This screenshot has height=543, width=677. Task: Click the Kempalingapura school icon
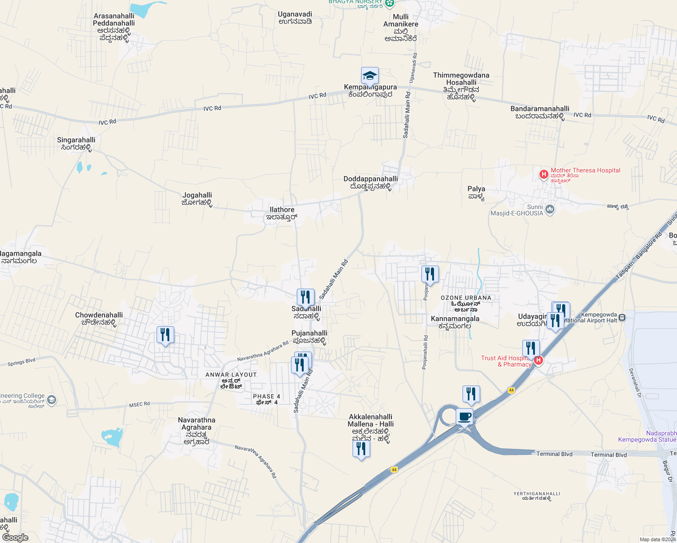coord(370,76)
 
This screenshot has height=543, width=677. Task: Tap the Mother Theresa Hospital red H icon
coord(544,174)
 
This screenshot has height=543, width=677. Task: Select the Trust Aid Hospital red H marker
coord(538,361)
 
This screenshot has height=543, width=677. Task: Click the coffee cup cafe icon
coord(464,417)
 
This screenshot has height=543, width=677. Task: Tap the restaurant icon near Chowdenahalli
coord(165,335)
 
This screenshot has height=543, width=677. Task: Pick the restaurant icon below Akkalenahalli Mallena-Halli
coord(361,449)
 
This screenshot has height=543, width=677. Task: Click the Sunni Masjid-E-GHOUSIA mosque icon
coord(550,209)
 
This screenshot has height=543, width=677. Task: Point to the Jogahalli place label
coord(197,195)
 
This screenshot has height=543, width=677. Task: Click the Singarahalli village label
coord(76,140)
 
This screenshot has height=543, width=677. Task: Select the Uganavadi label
coord(295,14)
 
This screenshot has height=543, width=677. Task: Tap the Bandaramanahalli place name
coord(540,109)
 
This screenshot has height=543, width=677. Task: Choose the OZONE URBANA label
coord(466,298)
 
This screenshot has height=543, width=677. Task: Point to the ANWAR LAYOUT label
coord(231,375)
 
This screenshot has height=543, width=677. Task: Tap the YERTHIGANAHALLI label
coord(537,494)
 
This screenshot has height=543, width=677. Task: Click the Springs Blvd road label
coord(21,362)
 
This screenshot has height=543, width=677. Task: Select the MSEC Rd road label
coord(139,404)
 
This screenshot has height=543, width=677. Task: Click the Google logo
coord(15,538)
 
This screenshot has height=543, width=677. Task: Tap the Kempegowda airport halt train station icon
coord(622,318)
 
